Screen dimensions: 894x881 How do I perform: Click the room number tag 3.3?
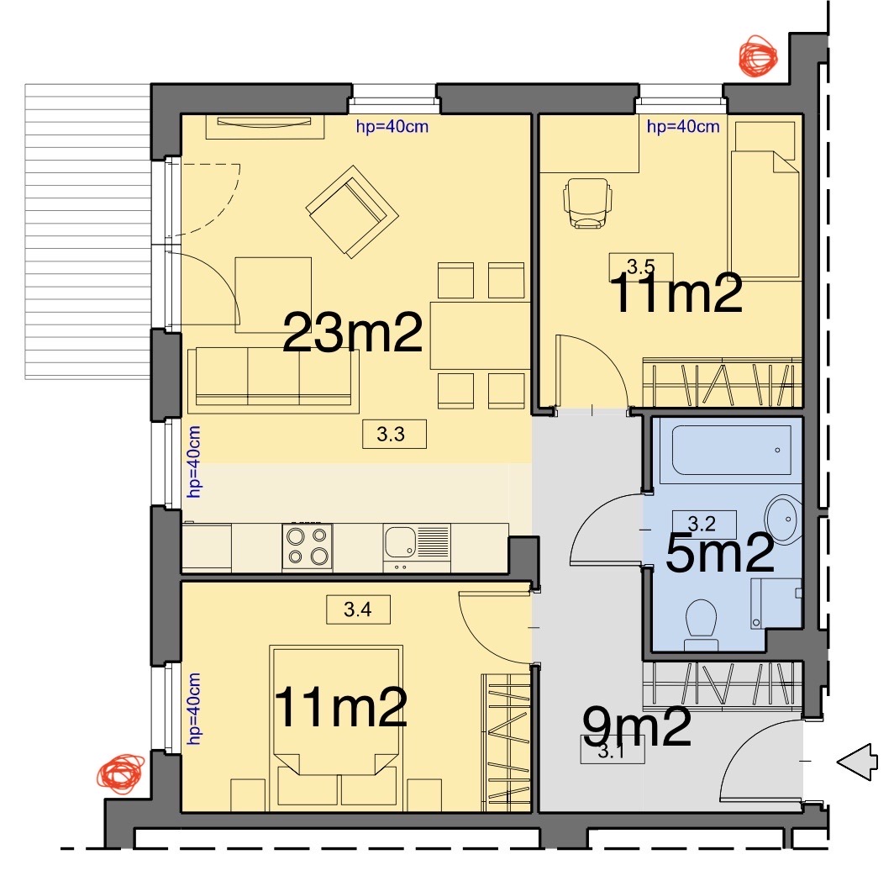(394, 435)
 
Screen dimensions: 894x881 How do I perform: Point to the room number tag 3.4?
(358, 609)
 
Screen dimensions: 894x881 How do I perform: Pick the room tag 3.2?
(704, 523)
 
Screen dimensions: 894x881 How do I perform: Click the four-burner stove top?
(308, 546)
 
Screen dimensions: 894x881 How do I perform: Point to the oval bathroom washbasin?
(783, 520)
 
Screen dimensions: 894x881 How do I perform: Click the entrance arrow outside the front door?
(857, 761)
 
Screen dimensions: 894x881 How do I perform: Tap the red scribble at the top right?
(758, 56)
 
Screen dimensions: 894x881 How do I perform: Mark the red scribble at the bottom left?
(120, 774)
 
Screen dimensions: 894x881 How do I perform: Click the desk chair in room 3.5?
(588, 203)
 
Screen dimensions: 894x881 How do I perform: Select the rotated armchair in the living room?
(352, 211)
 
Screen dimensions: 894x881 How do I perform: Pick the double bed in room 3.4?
(336, 727)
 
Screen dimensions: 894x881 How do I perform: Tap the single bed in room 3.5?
(764, 200)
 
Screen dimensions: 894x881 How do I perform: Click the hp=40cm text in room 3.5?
(683, 126)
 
